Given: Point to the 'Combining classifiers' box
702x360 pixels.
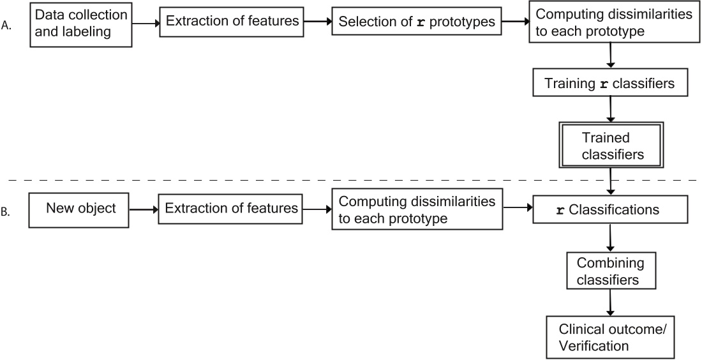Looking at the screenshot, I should point(611,271).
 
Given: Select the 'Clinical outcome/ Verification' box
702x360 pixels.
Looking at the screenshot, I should point(611,338).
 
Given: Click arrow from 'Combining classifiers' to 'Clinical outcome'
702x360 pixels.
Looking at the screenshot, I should point(612,303).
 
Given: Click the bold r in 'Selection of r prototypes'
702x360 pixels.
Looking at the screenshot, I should point(420,22).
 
